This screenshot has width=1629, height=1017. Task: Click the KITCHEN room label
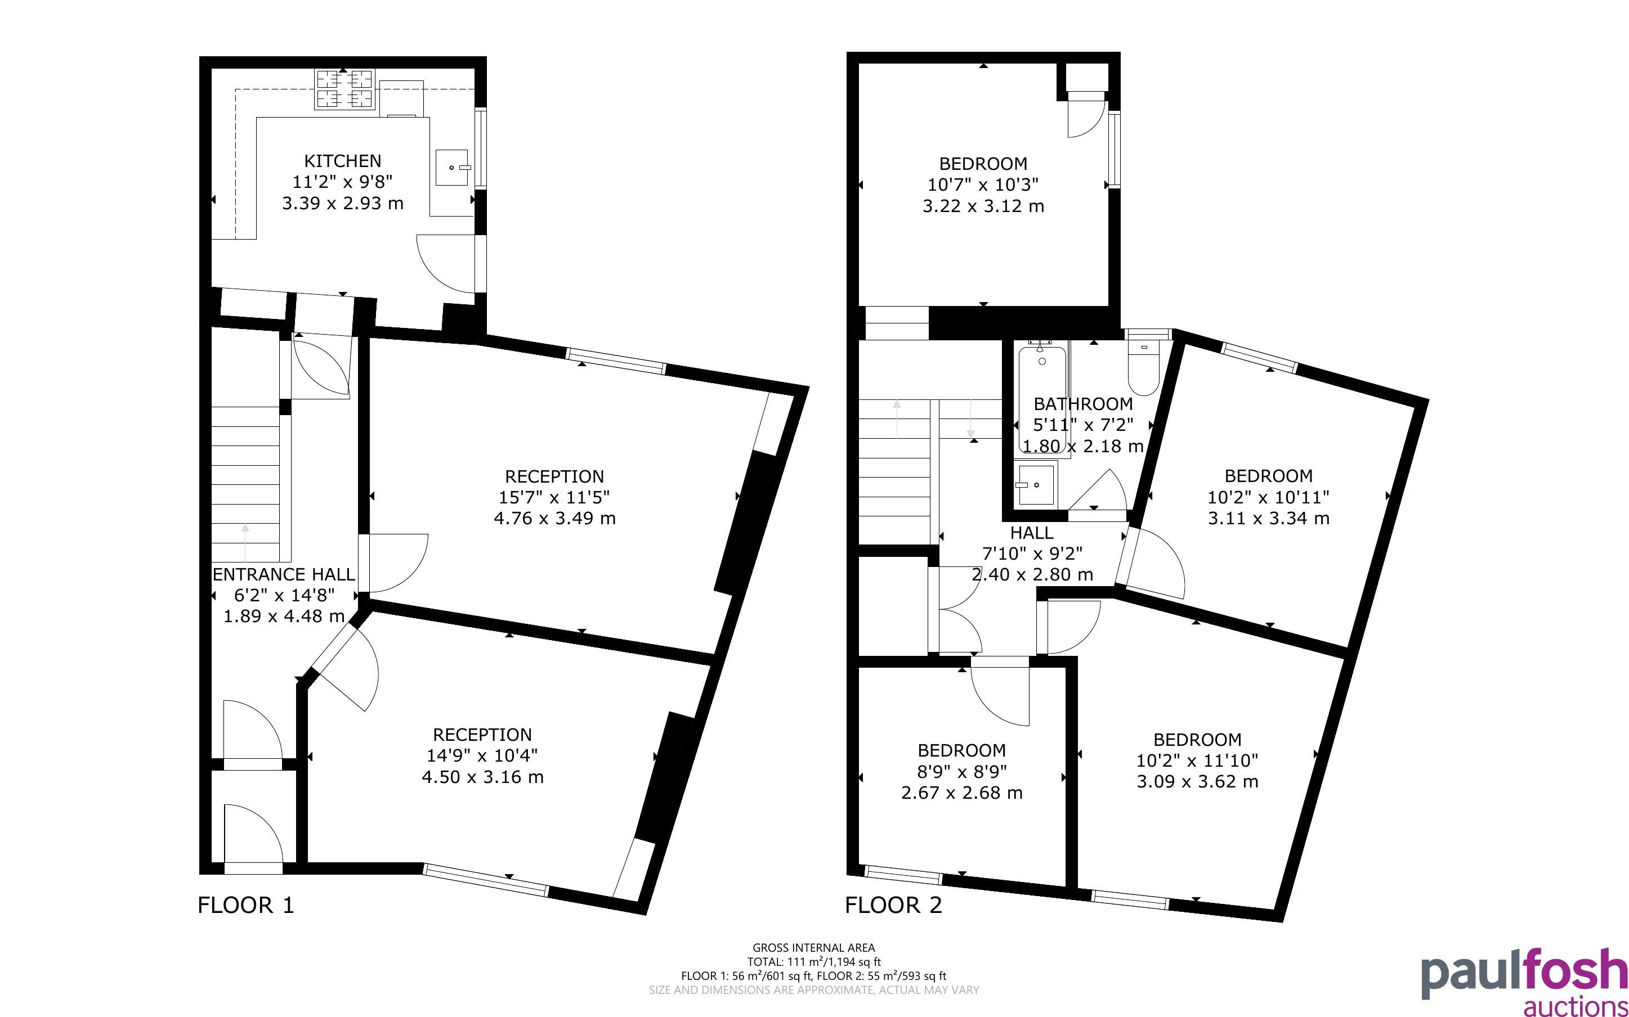(342, 161)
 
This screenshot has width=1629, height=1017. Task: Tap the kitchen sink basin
(452, 168)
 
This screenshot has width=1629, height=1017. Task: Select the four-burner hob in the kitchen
(344, 89)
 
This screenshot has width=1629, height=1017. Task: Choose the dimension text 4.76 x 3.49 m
(554, 518)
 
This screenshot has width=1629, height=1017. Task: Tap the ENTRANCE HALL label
(283, 574)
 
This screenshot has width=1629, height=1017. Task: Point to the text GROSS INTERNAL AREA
(813, 948)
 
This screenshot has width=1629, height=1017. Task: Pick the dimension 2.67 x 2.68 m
(961, 793)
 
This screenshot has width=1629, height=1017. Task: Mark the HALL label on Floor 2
(1032, 533)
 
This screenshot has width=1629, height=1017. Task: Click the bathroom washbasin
(1036, 484)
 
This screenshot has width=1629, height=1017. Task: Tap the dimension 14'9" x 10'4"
(482, 755)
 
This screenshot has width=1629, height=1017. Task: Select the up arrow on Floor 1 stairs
(245, 543)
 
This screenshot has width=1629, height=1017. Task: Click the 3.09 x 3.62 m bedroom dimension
(1197, 781)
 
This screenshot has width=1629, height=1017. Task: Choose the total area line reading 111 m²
(813, 962)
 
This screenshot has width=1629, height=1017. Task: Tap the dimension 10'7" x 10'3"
(983, 184)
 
